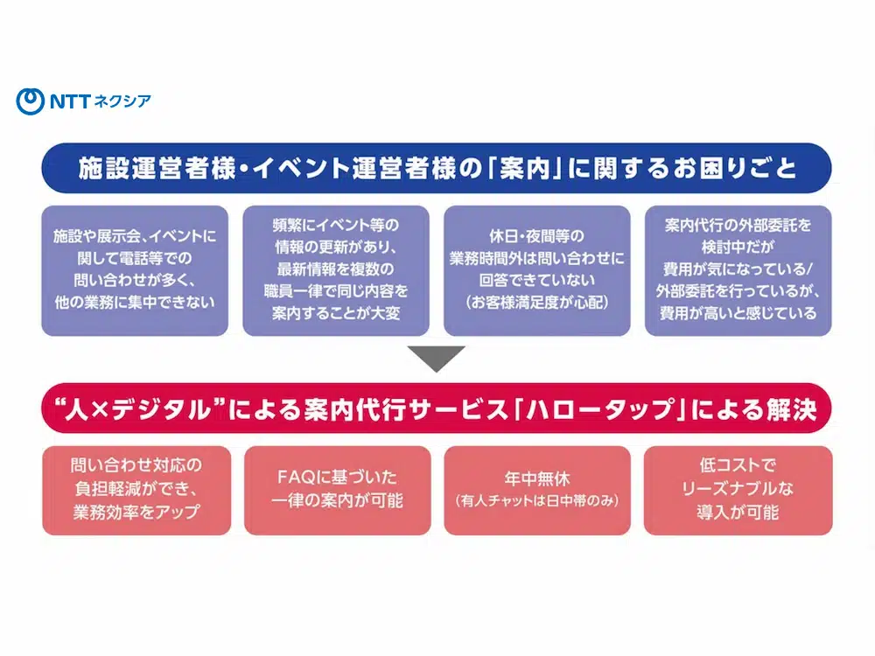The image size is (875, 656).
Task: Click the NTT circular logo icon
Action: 30,101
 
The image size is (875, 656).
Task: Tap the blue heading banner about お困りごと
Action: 437,167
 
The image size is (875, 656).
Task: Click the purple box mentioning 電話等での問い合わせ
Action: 135,270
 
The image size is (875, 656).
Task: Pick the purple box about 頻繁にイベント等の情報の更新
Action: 336,270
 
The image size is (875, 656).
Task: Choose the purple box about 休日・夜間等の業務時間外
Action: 537,270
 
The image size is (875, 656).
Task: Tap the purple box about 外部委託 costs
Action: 738,270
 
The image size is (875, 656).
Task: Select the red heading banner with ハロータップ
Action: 437,408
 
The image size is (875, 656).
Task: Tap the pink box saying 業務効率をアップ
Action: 136,490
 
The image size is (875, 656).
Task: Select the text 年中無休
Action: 537,480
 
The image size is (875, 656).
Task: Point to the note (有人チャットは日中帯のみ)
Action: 537,501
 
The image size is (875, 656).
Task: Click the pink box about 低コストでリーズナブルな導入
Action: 738,490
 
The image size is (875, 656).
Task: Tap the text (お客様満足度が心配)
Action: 537,303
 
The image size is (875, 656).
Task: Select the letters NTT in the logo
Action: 70,101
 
